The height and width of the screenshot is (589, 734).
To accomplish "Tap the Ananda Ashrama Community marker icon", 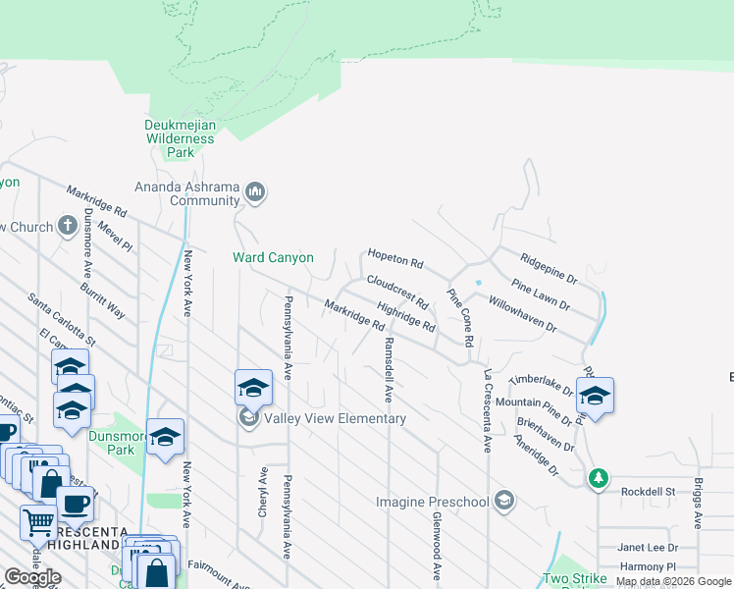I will point(256,190).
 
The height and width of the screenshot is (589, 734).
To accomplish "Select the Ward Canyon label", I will point(273,258).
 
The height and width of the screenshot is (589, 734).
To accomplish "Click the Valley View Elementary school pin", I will point(252,389).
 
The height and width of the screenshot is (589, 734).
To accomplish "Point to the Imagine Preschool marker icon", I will point(503,502).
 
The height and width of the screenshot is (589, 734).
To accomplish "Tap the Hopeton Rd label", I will point(394,259).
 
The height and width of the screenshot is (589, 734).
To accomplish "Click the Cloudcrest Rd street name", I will point(397,290).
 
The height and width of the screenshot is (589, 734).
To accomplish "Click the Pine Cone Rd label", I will point(461,317).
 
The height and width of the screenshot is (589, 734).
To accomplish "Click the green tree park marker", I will point(598,479).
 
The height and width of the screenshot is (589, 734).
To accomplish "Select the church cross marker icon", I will point(68,226).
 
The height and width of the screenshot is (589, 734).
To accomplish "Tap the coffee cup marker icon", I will point(75,505).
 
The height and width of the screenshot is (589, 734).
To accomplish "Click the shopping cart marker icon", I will point(37,522).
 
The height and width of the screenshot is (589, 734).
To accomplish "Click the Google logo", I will point(31,577).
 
